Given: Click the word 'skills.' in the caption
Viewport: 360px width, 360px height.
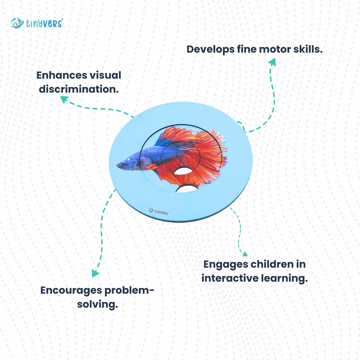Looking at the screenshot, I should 307,49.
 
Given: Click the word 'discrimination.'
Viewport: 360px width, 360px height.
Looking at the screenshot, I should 79,89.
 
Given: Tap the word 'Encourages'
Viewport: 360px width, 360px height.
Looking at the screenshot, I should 71,290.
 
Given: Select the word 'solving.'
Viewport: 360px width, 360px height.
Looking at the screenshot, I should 98,304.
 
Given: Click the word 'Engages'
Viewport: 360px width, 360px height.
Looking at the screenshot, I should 226,264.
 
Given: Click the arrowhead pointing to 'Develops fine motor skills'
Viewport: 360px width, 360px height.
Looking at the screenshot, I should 272,62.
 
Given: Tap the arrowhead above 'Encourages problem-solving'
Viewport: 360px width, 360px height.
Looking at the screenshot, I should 96,273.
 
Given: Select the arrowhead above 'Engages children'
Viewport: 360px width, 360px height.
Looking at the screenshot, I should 244,254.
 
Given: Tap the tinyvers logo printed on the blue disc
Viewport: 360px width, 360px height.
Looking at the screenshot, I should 159,211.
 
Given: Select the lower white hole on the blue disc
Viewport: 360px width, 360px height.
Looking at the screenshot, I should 187,189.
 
